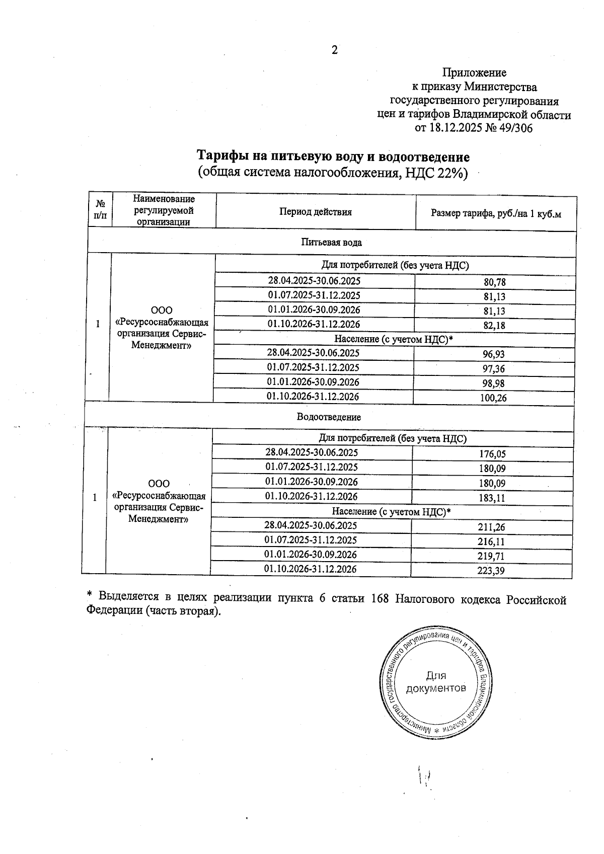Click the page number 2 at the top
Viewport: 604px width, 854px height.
tap(334, 50)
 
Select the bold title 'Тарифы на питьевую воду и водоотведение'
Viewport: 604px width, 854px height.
tap(333, 156)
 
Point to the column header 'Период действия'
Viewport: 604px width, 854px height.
tap(316, 212)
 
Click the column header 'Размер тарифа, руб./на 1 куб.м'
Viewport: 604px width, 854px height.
tap(496, 213)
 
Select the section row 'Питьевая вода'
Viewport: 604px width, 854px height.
tap(331, 243)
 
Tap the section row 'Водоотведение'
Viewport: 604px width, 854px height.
tap(329, 417)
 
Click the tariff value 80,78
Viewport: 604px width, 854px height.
tap(494, 282)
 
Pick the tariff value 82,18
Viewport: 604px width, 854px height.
tap(494, 326)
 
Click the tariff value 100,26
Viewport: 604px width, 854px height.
tap(494, 398)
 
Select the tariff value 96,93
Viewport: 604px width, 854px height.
tap(494, 354)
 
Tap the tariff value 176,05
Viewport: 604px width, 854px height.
tap(492, 454)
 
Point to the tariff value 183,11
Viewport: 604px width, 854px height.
tap(492, 498)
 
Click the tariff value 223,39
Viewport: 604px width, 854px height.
tap(491, 571)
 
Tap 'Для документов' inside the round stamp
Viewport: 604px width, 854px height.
tap(436, 682)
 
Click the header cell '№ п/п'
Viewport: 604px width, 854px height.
tap(100, 210)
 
